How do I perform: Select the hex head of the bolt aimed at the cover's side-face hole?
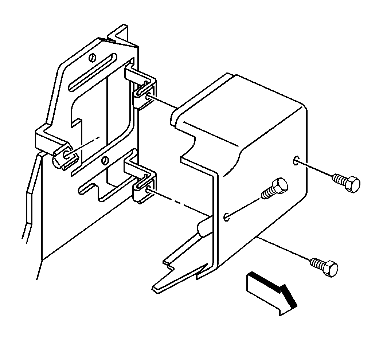(352, 185)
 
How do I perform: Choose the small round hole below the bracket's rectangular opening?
(105, 160)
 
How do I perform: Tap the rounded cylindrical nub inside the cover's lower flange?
(202, 228)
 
